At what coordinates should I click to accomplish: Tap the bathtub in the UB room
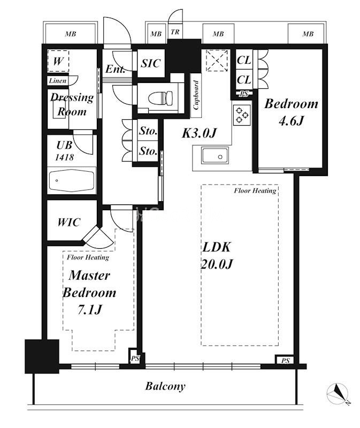tap(72, 180)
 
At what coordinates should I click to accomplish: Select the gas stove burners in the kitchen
tap(242, 115)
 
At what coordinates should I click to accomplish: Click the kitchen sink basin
tap(215, 156)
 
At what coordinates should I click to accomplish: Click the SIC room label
tap(150, 64)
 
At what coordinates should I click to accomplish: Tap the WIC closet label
tap(69, 223)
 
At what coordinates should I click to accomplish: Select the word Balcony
tap(165, 386)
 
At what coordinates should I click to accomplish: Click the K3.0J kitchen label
tap(199, 133)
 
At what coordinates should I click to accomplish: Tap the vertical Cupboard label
tap(196, 95)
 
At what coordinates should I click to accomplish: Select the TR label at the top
tap(175, 32)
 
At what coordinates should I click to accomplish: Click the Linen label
tap(58, 81)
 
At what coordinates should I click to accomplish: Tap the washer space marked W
tap(58, 61)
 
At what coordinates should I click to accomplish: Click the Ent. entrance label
tap(116, 69)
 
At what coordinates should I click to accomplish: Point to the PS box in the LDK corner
tap(285, 360)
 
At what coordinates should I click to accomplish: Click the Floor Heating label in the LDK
tap(255, 190)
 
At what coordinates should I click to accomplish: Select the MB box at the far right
tap(308, 34)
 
